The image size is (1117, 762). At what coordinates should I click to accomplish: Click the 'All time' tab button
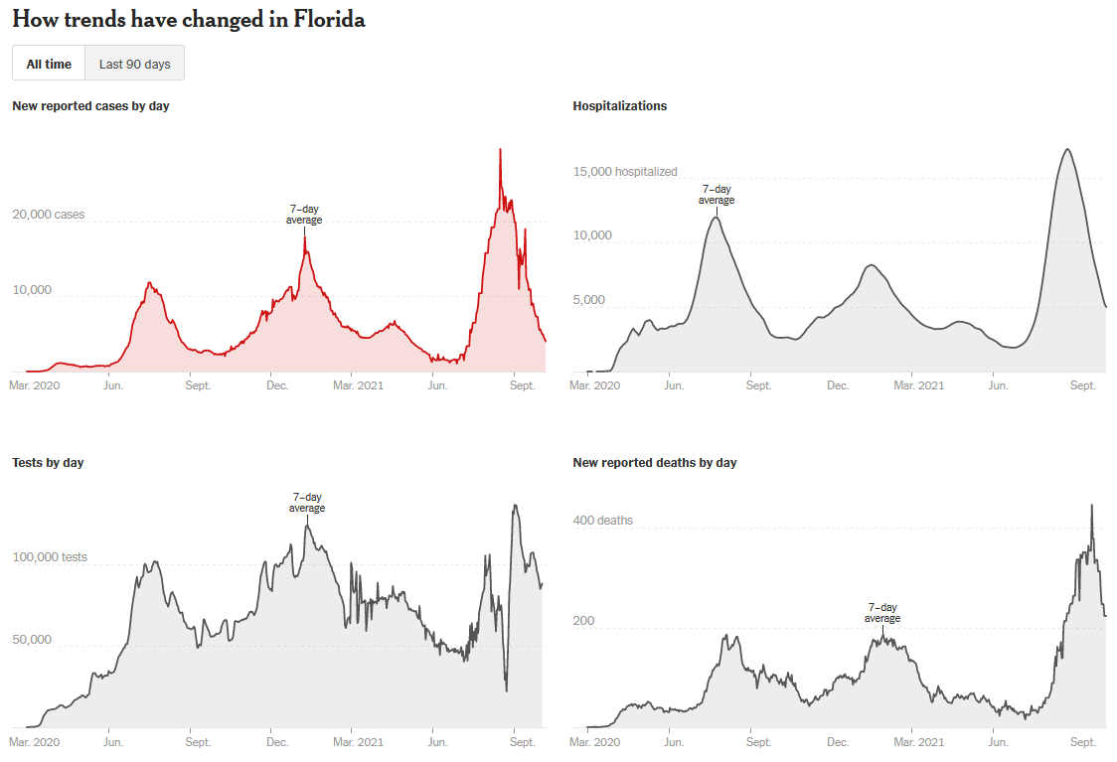[x=49, y=64]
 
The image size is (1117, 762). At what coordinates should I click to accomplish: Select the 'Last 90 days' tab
[x=134, y=64]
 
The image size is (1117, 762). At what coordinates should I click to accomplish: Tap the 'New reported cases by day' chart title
[x=90, y=105]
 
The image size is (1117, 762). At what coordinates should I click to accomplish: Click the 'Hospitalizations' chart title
[x=620, y=105]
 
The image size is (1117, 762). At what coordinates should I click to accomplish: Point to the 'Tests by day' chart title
[x=48, y=462]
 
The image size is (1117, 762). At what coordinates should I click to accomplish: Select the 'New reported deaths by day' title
[x=655, y=462]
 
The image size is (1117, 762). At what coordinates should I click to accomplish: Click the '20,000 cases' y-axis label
[x=49, y=215]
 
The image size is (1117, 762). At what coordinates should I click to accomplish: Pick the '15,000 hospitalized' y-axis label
[x=625, y=172]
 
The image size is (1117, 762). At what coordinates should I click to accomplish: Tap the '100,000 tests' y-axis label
[x=50, y=557]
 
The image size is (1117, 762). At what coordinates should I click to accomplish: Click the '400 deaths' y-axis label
[x=603, y=521]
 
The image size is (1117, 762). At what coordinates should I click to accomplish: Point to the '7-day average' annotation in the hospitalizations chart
[x=716, y=195]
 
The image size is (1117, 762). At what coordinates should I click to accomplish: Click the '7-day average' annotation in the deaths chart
[x=881, y=613]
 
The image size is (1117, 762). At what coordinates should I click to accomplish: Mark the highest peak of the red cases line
[x=500, y=150]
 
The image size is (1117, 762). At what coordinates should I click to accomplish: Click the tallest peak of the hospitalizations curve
[x=1066, y=149]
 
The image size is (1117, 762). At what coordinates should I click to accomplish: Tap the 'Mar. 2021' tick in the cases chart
[x=357, y=384]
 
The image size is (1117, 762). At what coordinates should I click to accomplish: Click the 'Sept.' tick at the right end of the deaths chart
[x=1082, y=742]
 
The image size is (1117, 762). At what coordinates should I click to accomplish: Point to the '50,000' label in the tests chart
[x=31, y=639]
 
